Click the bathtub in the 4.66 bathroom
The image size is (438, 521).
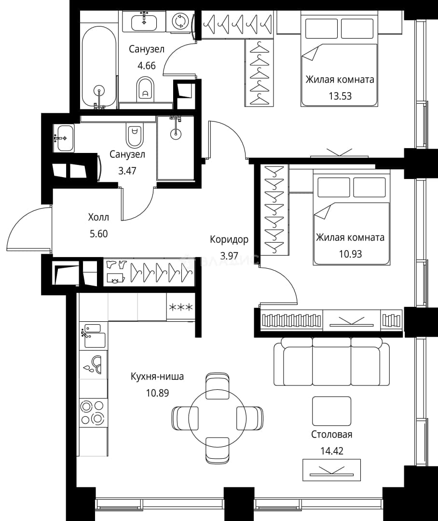pos(99,68)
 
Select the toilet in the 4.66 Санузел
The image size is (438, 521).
pos(145,89)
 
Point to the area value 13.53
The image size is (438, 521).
pos(340,96)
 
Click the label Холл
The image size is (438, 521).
pos(98,217)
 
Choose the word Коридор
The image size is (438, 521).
pos(229,239)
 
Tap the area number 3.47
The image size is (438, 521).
pos(127,171)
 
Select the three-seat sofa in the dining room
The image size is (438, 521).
pos(331,361)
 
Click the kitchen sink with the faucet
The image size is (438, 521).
pos(94,336)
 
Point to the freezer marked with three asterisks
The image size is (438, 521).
pos(180,307)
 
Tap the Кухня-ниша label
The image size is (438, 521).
pos(157,377)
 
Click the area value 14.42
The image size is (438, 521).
pos(332,451)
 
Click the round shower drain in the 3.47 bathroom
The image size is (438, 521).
pos(176,134)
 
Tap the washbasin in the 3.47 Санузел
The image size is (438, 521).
pos(63,138)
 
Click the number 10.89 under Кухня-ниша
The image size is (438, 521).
pos(157,393)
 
